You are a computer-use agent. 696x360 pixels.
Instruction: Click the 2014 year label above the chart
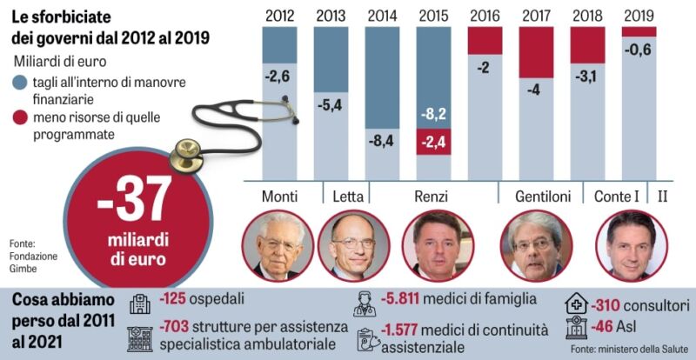pos(383,15)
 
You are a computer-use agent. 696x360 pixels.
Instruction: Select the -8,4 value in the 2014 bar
pos(383,140)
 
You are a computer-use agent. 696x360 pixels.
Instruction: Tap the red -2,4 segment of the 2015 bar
pos(434,143)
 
